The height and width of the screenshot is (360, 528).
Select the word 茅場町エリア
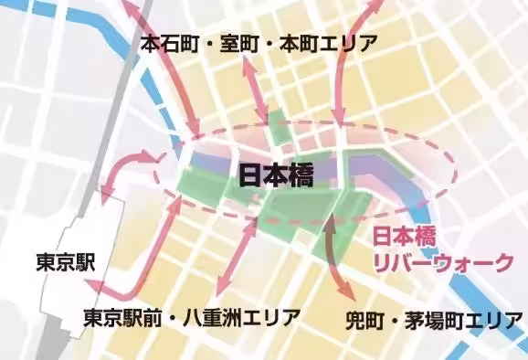(460, 322)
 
